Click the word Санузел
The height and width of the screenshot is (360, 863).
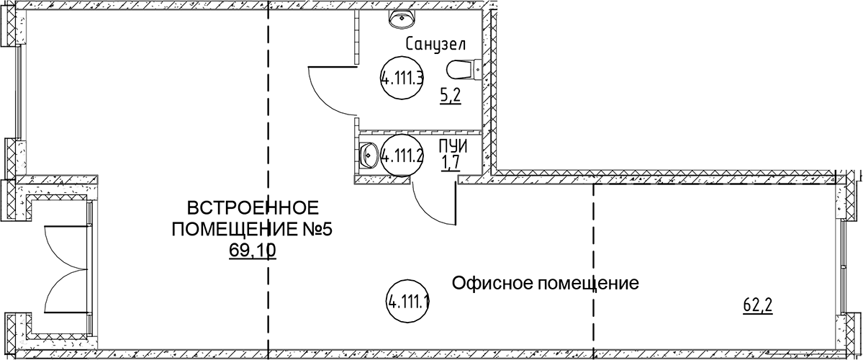436,44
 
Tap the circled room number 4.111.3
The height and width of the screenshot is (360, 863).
402,78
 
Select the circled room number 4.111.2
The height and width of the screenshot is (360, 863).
402,156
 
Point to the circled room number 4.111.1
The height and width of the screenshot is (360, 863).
408,301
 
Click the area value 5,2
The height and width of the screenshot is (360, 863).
449,97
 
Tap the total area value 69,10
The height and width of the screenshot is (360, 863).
253,251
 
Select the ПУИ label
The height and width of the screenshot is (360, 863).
453,147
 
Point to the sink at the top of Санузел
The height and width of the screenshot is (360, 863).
402,19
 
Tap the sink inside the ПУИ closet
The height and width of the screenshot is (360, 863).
367,155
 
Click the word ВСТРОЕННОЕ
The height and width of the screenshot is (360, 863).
253,209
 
